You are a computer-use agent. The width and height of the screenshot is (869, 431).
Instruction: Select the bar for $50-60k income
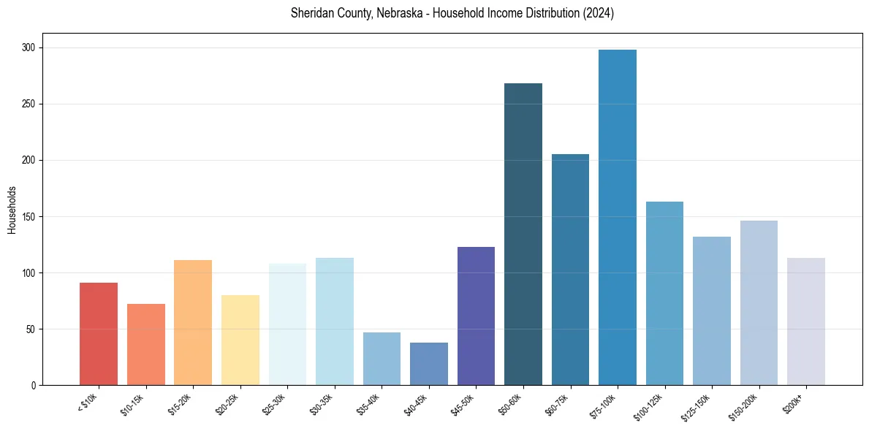point(523,234)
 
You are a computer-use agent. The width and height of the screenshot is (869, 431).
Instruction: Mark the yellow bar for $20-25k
point(240,340)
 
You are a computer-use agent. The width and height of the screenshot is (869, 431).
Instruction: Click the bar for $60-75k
point(570,270)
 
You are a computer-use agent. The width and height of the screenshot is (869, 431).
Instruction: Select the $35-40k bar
point(382,359)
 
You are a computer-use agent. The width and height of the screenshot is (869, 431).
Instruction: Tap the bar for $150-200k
point(759,302)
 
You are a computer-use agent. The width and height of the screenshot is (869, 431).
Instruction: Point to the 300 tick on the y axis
point(31,48)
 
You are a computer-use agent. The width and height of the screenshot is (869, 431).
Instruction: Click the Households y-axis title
point(12,209)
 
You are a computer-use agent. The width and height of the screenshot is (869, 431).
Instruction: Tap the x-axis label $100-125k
point(656,405)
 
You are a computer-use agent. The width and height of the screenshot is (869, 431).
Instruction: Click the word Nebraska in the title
point(405,13)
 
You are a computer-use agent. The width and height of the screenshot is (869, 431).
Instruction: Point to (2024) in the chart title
point(597,13)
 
